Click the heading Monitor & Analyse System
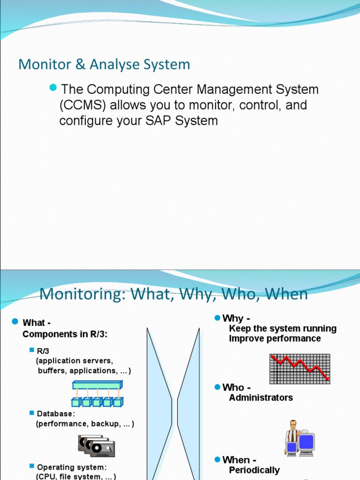coord(104,64)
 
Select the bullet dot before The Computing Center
coord(52,88)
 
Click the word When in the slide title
coord(286,294)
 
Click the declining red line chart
coord(300,368)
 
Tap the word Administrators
coord(261,397)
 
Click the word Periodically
coord(254,470)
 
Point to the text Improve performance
coord(275,338)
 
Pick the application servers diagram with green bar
coord(97,393)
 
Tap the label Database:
coord(56,414)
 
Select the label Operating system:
coord(72,467)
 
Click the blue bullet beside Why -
coord(217,318)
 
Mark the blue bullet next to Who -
coord(217,387)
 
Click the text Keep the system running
coord(283,328)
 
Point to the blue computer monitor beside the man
coord(306,442)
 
